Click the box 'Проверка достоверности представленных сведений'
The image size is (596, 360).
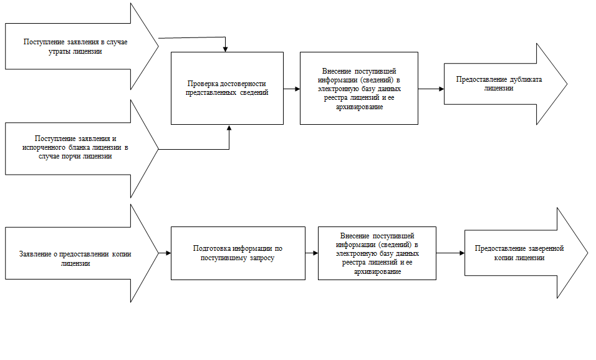227,87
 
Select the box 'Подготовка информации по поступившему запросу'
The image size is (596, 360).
238,253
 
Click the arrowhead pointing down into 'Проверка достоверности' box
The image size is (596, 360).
225,49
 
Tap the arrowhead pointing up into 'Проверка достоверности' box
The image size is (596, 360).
229,128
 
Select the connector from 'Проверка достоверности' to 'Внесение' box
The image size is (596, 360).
291,89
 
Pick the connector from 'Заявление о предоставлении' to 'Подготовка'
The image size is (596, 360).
165,253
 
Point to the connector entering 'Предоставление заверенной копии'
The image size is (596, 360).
449,253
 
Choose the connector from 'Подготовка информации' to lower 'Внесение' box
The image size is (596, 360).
311,253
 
